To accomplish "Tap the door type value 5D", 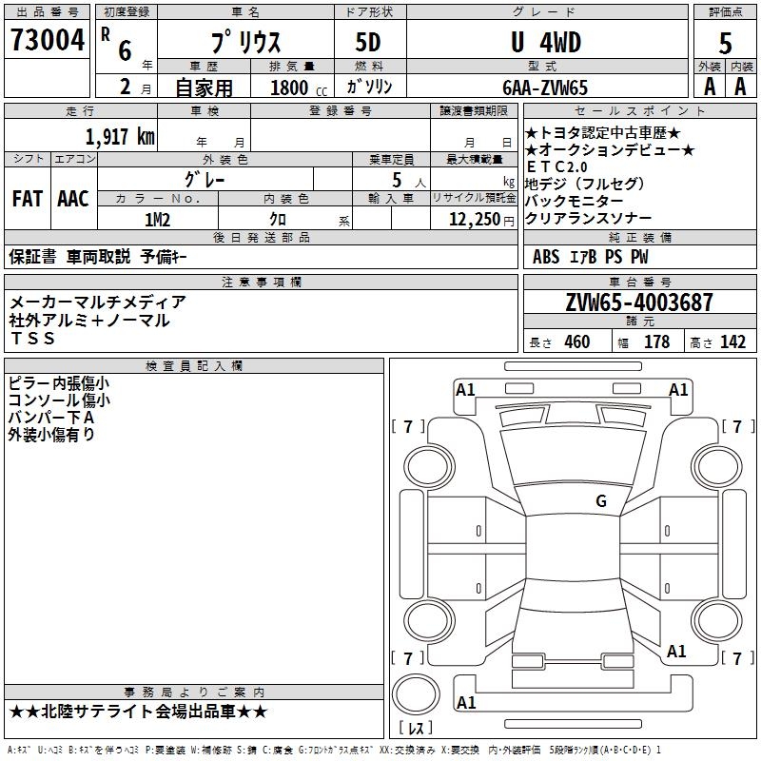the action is point(368,44).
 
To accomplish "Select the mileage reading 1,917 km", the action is point(120,136).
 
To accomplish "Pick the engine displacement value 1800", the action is point(289,88).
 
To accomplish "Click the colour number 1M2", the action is point(157,219).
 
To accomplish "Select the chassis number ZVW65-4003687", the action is point(638,302).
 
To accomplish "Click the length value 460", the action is point(576,342).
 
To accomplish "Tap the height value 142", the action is point(732,342).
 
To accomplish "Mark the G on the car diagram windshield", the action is point(600,501).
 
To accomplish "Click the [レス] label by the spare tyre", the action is point(420,729).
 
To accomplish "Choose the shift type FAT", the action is point(27,199).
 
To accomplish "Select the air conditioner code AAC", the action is point(72,199).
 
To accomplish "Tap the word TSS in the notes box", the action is point(33,339).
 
